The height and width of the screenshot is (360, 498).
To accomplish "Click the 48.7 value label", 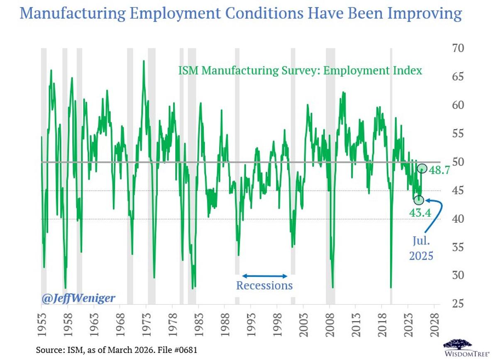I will pos(439,171).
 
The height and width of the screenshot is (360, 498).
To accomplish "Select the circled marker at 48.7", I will pos(422,168).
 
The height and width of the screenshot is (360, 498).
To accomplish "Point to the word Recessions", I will pos(264,285).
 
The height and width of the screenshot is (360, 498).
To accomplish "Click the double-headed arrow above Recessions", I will pos(265,276).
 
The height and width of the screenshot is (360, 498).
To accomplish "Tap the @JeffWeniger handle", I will pos(78,298).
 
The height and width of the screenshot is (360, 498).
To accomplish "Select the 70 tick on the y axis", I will pos(458,48).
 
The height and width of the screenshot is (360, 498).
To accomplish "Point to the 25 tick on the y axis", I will pos(458,304).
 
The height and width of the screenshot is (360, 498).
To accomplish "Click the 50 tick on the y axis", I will pos(458,162).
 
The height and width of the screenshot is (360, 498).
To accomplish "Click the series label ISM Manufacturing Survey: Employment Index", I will pos(300,71).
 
